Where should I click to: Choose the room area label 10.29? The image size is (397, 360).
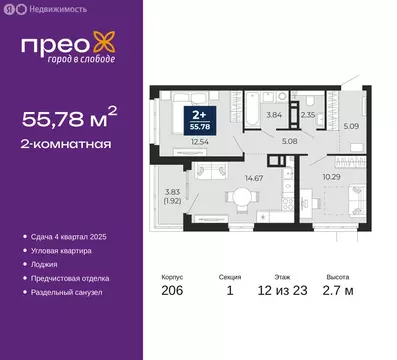pyautogui.click(x=331, y=176)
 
